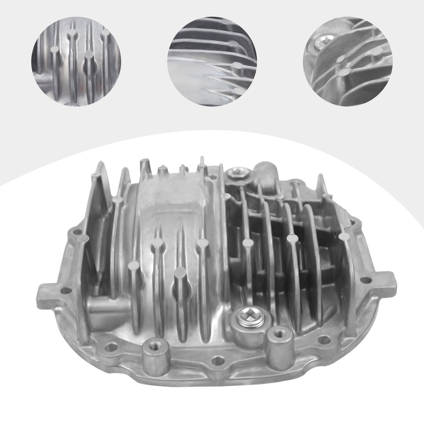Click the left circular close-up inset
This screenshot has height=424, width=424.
(76, 61)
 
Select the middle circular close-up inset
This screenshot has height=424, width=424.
(212, 61)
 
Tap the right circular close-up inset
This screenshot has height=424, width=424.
(348, 61)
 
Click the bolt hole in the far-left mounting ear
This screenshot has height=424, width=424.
(66, 291)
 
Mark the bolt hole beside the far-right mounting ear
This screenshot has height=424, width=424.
(366, 280)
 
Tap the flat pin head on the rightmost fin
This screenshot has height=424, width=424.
(344, 236)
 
